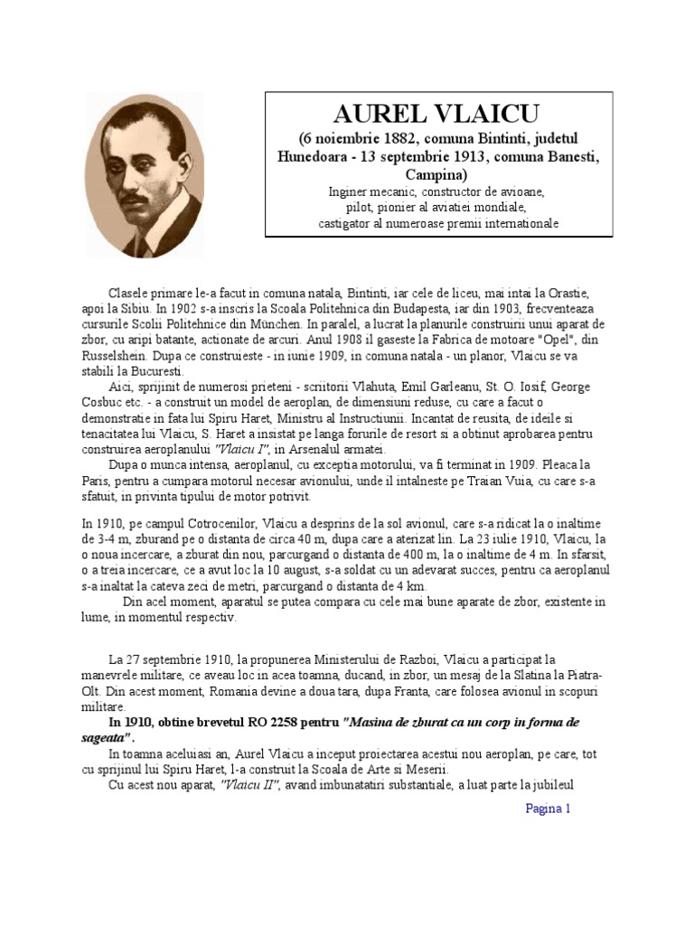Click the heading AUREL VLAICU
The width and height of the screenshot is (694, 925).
(x=437, y=114)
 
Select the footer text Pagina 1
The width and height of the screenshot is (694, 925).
(x=549, y=808)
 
